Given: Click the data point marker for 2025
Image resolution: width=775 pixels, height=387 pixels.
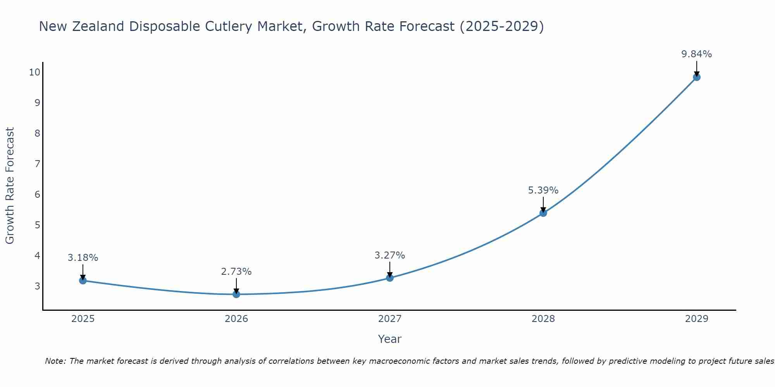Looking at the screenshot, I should (x=83, y=280).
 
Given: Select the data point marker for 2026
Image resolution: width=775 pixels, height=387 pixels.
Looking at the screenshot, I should (x=236, y=294).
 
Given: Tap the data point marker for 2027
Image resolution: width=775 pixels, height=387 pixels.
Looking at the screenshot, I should (x=390, y=277).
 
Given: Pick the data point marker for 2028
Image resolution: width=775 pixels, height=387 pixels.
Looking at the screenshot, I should (x=543, y=213).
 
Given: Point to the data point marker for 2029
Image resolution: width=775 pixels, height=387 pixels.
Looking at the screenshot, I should (x=697, y=77).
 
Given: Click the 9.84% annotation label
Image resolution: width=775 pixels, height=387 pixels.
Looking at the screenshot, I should (x=697, y=54).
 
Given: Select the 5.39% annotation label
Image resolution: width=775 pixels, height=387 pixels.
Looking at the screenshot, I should (x=543, y=190).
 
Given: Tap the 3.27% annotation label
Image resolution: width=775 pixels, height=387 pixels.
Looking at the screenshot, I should (x=390, y=255).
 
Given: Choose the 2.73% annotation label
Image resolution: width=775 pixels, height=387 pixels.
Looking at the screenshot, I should (x=236, y=272).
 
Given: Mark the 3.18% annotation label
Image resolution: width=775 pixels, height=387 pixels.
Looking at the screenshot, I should (x=83, y=258).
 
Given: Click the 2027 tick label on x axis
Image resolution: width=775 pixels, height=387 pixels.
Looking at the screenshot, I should (x=390, y=319).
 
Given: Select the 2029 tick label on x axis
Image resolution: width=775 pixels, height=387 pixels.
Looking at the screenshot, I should (x=697, y=319).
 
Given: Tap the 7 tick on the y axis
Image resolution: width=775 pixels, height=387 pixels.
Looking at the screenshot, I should (x=38, y=164).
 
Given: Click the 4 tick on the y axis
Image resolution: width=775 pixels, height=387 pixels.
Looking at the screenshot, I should (x=38, y=255).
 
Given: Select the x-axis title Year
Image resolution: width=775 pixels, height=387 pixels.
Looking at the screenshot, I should (x=390, y=339).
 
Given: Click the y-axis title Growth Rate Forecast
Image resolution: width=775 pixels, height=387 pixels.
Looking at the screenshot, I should (x=10, y=186).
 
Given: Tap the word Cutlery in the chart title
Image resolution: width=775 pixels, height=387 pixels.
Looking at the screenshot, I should (x=224, y=27).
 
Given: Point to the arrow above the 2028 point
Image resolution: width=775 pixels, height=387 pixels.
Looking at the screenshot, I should (x=543, y=204).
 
